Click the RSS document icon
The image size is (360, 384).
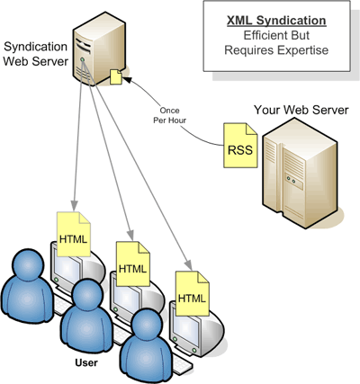point(240,145)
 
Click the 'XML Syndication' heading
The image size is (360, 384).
point(276,21)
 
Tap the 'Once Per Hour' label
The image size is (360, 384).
point(170,115)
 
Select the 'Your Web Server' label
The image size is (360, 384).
point(301,110)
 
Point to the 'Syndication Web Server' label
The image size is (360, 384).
point(35,54)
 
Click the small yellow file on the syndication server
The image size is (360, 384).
point(116,76)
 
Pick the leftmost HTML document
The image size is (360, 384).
point(74,234)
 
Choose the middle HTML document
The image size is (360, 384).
point(133,263)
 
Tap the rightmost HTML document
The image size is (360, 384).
point(193,293)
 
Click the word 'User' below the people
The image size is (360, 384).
point(86,362)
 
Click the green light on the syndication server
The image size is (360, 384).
point(82,60)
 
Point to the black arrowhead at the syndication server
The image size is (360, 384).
point(127,79)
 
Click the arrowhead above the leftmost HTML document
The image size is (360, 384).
point(75,205)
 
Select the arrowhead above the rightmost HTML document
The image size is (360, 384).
point(189,264)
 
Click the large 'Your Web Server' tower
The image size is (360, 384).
point(300,174)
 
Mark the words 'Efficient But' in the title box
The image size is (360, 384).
point(276,35)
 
